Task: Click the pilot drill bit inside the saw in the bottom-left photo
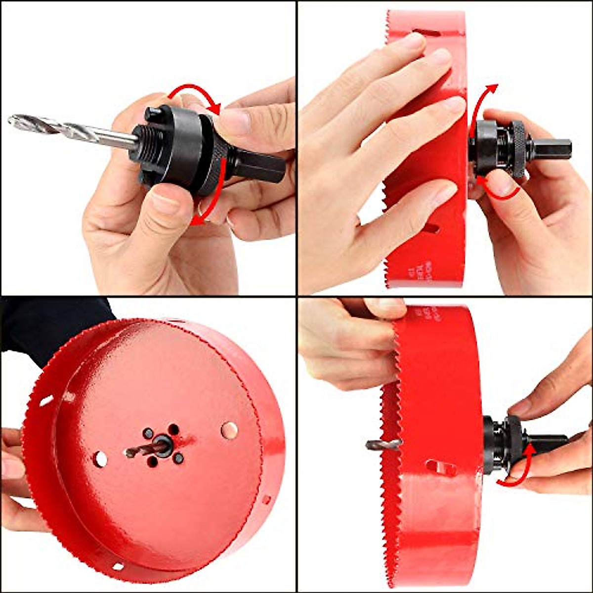143,450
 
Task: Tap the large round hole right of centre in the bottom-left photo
229,430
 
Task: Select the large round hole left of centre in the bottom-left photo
100,459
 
